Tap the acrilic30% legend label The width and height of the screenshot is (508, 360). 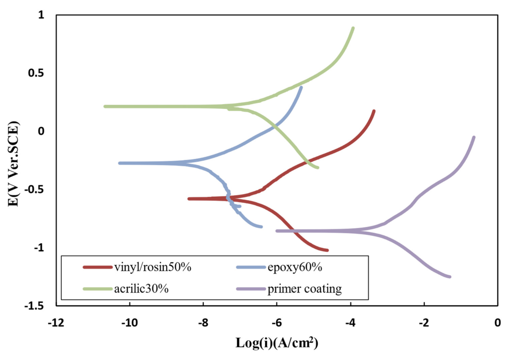tap(141, 288)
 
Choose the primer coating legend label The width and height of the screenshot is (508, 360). tap(305, 288)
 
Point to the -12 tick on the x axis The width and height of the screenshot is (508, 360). tap(56, 323)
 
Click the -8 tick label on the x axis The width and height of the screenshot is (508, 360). tap(203, 323)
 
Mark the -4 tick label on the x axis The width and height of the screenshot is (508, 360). tap(351, 323)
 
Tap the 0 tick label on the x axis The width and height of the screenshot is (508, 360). tap(498, 323)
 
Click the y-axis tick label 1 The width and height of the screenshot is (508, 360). tap(41, 15)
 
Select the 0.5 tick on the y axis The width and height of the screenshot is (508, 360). tap(37, 74)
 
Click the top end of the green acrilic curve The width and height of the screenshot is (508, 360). tap(353, 28)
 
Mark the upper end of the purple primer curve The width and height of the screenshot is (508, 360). tap(474, 137)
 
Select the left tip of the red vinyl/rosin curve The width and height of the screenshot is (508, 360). tap(189, 199)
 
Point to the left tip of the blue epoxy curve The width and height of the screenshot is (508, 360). tap(120, 163)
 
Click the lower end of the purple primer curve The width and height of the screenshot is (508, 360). tap(450, 277)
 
